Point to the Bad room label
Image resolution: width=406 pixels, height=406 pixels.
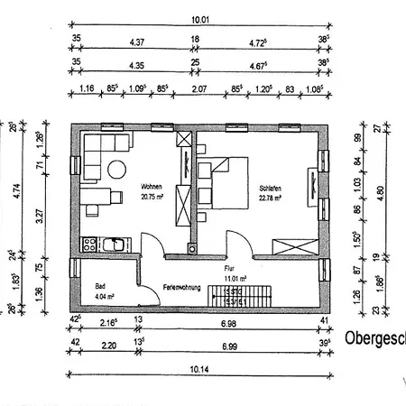click(100, 286)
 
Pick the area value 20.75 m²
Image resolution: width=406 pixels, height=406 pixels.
click(151, 197)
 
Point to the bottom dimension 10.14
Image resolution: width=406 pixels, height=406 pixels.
click(199, 369)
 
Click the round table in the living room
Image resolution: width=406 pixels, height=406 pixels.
click(115, 169)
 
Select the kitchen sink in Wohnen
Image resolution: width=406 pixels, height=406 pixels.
click(113, 244)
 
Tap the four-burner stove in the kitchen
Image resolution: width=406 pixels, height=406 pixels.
click(90, 244)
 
